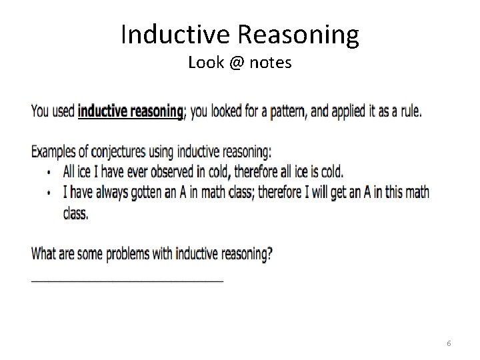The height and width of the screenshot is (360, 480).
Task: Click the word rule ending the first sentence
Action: [x=407, y=111]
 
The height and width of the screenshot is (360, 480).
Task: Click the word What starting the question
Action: [x=44, y=254]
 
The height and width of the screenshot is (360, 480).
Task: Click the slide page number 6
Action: [x=449, y=343]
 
